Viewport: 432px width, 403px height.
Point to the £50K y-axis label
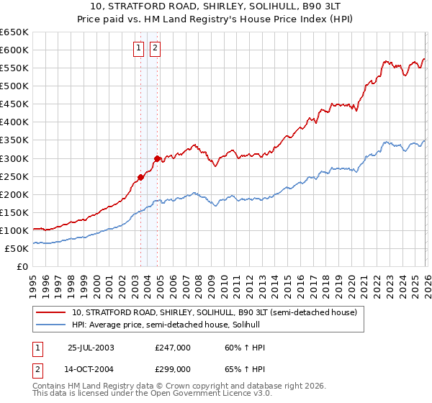tap(17, 248)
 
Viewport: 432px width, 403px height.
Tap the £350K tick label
tap(14, 140)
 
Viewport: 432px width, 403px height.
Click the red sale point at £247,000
tap(141, 177)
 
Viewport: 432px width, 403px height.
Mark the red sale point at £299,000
tap(157, 158)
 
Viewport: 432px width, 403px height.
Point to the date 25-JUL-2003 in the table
tap(91, 348)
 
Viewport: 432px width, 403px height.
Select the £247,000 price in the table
tap(173, 348)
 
